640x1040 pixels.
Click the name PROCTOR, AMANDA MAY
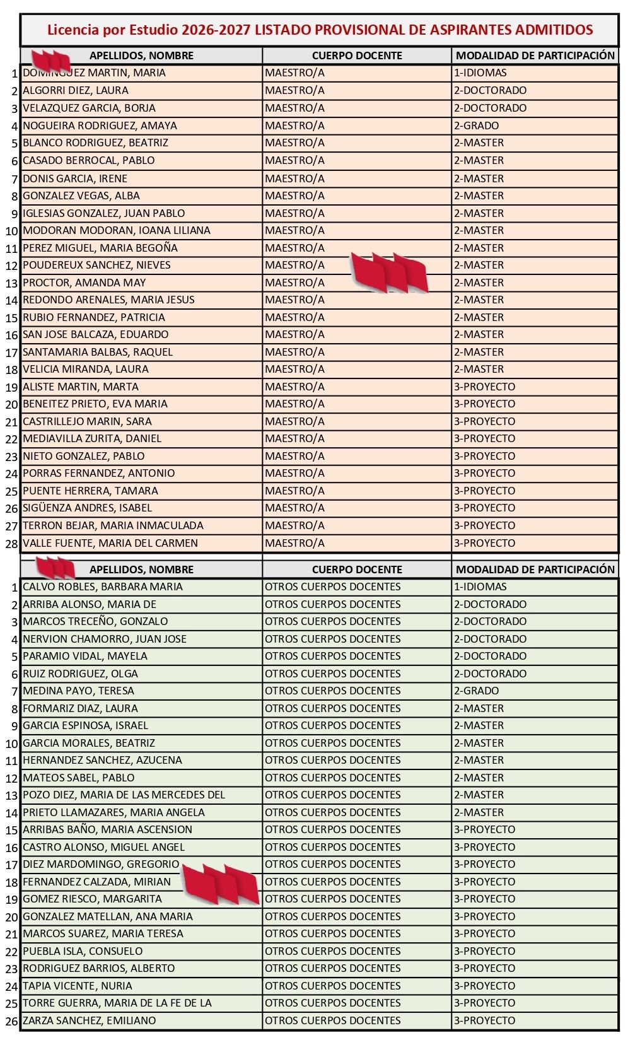84,283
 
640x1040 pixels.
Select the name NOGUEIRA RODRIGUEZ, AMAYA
100,126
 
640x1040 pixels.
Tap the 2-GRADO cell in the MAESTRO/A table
476,126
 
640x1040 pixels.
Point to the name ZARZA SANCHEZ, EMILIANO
89,1020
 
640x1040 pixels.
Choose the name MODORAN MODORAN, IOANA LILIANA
117,230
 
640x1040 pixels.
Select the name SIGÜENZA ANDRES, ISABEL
87,508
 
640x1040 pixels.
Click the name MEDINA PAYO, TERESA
78,691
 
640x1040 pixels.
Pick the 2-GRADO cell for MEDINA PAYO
476,691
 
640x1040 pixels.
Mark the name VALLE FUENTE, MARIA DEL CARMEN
110,543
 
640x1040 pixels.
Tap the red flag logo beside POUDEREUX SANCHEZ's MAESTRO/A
389,272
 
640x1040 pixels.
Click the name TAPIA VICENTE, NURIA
78,986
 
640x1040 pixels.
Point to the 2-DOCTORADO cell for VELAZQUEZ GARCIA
490,108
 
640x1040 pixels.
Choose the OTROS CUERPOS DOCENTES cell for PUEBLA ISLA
332,951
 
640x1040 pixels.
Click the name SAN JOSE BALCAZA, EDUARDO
95,334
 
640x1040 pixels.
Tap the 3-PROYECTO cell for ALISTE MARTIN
484,387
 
